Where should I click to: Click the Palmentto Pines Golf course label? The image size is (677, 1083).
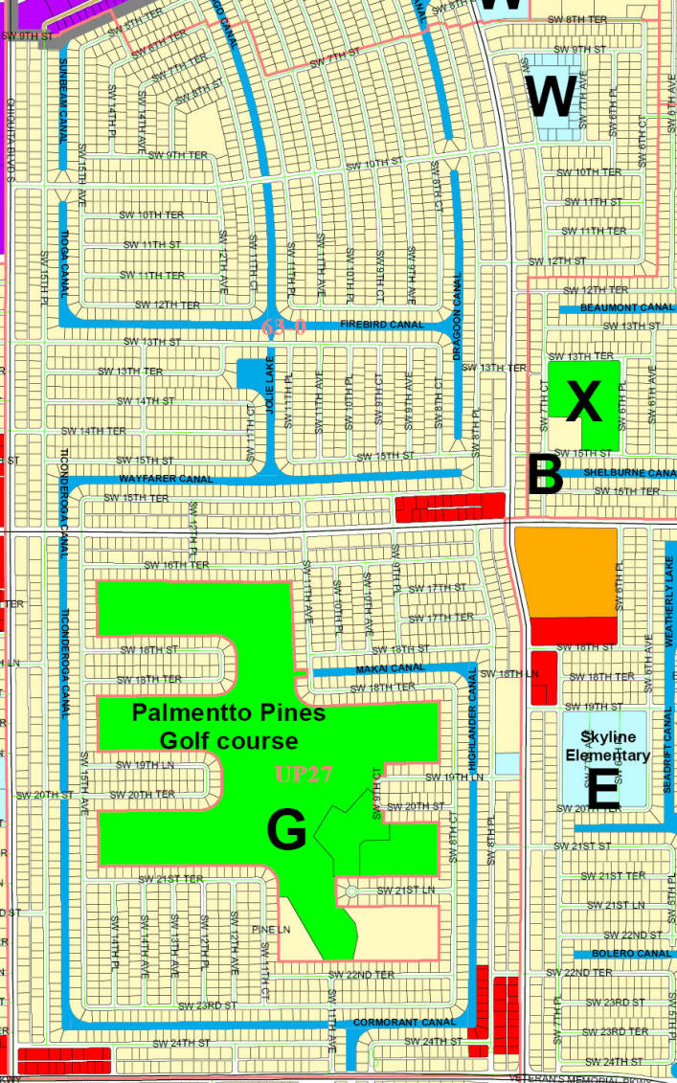(228, 727)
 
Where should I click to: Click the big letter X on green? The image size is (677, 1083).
(583, 403)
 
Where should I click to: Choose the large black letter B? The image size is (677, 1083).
(545, 474)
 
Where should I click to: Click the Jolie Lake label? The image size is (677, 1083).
(271, 398)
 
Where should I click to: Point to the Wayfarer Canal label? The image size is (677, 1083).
(166, 478)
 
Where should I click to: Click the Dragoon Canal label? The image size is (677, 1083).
(458, 317)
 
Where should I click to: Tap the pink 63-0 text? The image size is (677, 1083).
(283, 327)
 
